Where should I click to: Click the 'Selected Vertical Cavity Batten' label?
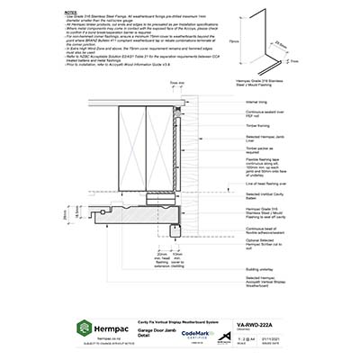click(265, 195)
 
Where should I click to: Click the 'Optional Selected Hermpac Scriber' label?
click(265, 246)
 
